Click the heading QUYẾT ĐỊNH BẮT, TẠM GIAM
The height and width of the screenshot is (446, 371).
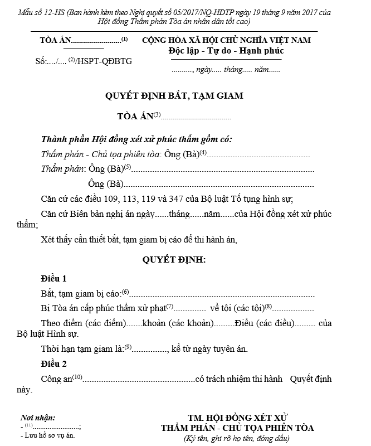tap(174, 95)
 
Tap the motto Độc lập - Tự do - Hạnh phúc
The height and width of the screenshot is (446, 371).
tap(226, 51)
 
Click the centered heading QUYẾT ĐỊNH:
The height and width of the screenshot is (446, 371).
tap(174, 259)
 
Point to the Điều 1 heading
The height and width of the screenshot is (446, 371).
tap(54, 278)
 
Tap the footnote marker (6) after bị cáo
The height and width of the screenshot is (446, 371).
tap(125, 291)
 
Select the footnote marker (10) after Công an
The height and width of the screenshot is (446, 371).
tap(77, 377)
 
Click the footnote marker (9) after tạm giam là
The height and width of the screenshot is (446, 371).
tap(128, 347)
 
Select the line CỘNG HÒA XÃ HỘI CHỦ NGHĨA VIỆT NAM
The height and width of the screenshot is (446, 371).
tap(226, 40)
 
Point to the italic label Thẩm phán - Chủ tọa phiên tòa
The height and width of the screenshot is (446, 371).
tap(101, 154)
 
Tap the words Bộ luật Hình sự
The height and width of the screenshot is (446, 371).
tap(47, 334)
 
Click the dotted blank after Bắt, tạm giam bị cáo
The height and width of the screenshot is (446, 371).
tap(223, 294)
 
